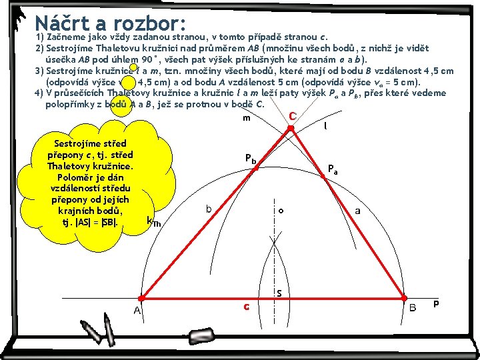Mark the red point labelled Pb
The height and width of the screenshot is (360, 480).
255,169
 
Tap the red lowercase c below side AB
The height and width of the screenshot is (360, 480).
246,307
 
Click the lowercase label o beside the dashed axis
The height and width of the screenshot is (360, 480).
281,211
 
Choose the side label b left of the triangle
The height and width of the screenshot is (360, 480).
209,209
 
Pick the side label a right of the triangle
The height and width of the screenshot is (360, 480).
358,211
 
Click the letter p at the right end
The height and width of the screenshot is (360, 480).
435,303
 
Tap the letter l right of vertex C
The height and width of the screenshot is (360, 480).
325,125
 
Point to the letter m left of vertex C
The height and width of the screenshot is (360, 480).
246,119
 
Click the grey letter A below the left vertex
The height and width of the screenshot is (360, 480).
136,311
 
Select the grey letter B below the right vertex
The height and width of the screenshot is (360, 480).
413,308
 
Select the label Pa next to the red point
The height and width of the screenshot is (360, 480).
333,169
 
